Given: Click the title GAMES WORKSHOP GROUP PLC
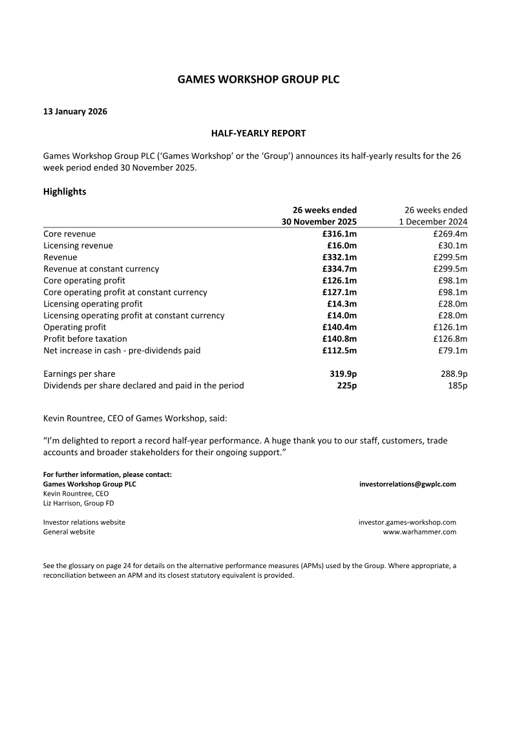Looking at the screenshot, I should [258, 79].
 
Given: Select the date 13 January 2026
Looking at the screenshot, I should [75, 111].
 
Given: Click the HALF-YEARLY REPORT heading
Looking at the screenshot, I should [258, 133].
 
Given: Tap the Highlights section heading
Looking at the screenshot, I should [65, 192].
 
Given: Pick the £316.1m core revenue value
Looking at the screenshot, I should [339, 234].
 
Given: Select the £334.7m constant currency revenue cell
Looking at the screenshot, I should [339, 269].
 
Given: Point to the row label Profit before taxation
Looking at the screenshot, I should [85, 339].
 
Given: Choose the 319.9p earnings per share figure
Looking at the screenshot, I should [343, 374].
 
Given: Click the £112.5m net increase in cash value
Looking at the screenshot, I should [339, 350].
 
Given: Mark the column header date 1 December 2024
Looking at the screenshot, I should [432, 222].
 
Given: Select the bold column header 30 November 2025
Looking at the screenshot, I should [317, 222].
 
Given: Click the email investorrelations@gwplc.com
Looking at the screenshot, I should [408, 483].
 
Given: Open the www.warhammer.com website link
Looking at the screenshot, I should [419, 532].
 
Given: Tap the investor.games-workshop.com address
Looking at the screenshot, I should [407, 522].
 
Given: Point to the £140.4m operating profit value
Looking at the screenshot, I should [339, 327].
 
